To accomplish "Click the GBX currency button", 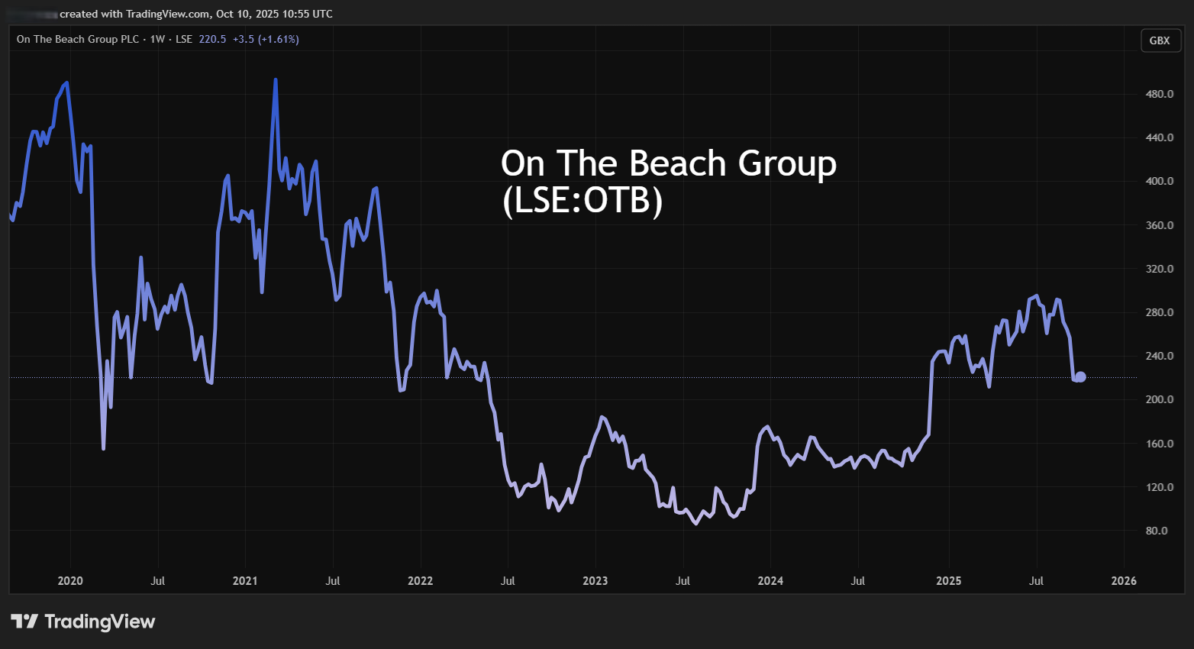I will click(x=1160, y=40).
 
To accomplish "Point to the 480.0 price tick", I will click(x=1160, y=94).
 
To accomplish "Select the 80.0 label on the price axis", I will click(x=1157, y=531).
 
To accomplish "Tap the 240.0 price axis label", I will click(x=1160, y=356).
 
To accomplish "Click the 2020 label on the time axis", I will click(x=70, y=581).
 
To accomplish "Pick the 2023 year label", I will click(x=595, y=581).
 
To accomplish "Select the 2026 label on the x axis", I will click(x=1124, y=581).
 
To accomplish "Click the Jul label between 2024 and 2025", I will click(x=858, y=581).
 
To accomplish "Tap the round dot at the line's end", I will click(x=1080, y=376).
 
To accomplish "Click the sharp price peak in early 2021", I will click(x=276, y=79).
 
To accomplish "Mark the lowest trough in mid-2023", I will click(x=695, y=524).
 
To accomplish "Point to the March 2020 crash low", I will click(x=104, y=448).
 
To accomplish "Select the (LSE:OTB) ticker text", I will click(x=582, y=201).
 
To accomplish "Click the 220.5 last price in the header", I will click(x=212, y=39).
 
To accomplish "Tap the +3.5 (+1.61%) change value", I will click(x=266, y=39).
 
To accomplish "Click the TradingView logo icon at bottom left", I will click(x=24, y=622).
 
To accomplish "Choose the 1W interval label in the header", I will click(x=157, y=39).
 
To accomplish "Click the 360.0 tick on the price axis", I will click(x=1160, y=225).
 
